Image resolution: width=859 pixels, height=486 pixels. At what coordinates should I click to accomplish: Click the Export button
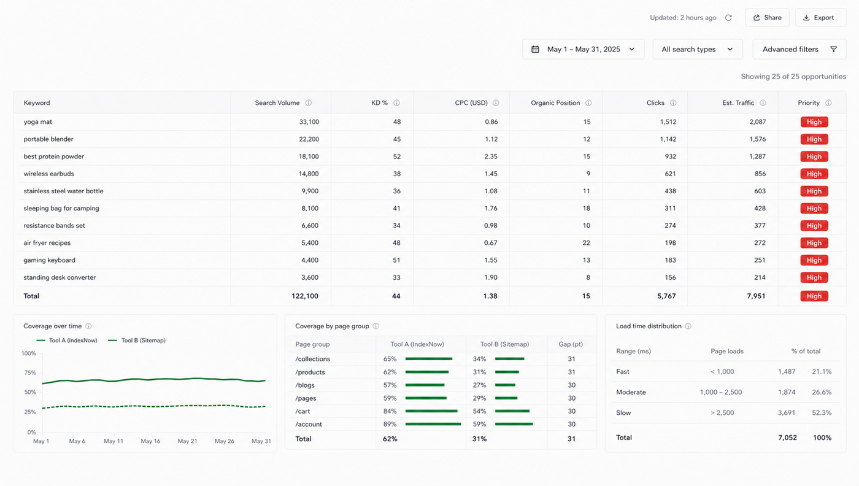pos(820,18)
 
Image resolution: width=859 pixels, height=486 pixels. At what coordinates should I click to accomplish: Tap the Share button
pos(767,18)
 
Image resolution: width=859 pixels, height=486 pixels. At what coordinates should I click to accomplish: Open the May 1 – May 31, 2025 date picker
pos(583,49)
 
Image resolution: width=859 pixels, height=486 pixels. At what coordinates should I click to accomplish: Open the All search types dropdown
pos(698,49)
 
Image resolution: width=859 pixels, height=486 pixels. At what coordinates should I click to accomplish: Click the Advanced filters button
pos(799,49)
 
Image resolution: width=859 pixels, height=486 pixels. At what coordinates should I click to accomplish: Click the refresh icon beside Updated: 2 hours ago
pos(728,18)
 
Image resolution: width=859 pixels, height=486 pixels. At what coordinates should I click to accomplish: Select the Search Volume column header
pos(277,103)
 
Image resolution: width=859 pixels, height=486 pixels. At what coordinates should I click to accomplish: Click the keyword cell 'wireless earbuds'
pos(48,174)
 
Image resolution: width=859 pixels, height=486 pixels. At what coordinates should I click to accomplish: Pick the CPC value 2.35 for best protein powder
pos(491,156)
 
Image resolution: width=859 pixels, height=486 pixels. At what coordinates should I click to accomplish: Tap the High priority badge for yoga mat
pos(814,122)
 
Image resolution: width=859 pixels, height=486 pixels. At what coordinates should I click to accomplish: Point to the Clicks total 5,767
pos(666,296)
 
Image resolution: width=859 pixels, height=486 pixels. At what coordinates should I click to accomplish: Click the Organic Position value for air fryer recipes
pos(586,243)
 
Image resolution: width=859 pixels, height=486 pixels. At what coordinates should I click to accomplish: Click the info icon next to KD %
pos(396,103)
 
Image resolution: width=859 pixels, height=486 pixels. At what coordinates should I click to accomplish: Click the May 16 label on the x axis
pos(150,441)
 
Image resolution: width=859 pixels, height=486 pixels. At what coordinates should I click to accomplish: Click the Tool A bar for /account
pos(433,424)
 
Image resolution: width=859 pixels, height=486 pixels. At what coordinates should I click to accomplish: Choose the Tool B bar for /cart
pos(512,411)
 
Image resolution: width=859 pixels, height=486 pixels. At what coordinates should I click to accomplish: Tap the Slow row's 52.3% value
pos(822,413)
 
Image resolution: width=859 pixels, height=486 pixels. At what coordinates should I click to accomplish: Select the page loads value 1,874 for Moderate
pos(787,392)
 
